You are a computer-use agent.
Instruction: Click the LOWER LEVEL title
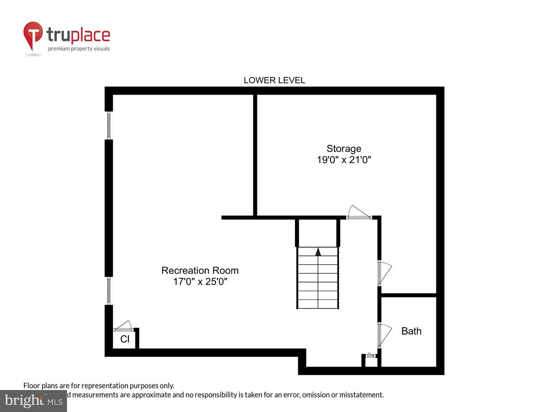point(274,80)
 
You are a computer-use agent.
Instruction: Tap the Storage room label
point(344,148)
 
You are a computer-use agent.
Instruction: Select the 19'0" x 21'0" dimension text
point(344,160)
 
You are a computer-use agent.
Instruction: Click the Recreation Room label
point(200,270)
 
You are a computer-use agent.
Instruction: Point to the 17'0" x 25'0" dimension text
point(200,282)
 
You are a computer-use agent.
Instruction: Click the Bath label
point(411,331)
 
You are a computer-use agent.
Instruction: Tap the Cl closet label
point(125,339)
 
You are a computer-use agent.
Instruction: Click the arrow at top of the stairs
point(318,251)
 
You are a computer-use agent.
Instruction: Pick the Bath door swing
point(385,335)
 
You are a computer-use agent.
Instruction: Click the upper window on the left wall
point(109,125)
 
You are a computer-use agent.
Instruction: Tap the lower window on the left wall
point(109,291)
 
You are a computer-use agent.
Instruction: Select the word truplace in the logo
point(78,35)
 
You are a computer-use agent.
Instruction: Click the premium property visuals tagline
point(79,49)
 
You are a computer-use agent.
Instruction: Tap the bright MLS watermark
point(33,401)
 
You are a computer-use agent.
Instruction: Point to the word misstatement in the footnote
point(361,395)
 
